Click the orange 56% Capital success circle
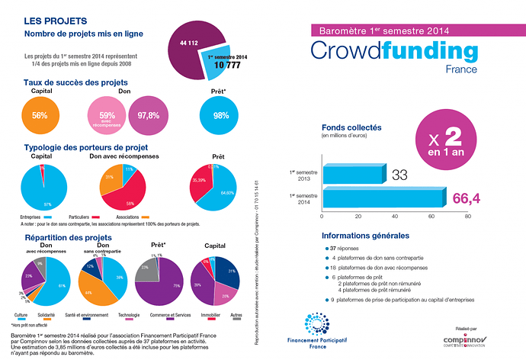tap(40, 116)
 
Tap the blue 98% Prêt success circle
tap(220, 116)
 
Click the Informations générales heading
tap(366, 236)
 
